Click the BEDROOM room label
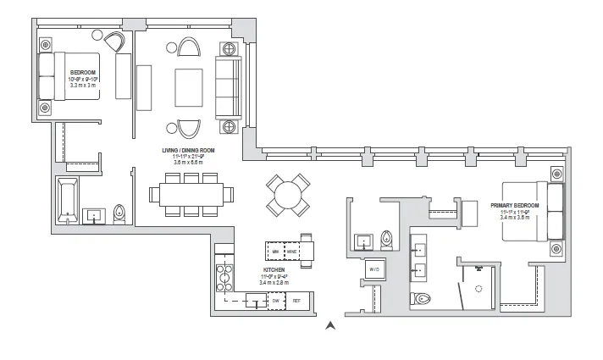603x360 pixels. pyautogui.click(x=82, y=73)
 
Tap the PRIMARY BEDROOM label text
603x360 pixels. pyautogui.click(x=514, y=205)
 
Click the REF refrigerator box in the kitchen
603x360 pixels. pyautogui.click(x=297, y=301)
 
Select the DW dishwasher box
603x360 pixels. pyautogui.click(x=276, y=301)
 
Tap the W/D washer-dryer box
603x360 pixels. pyautogui.click(x=373, y=270)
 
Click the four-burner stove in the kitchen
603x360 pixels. pyautogui.click(x=226, y=274)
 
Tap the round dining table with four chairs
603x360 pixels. pyautogui.click(x=285, y=196)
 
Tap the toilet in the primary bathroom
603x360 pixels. pyautogui.click(x=423, y=298)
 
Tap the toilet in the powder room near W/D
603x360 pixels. pyautogui.click(x=388, y=239)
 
